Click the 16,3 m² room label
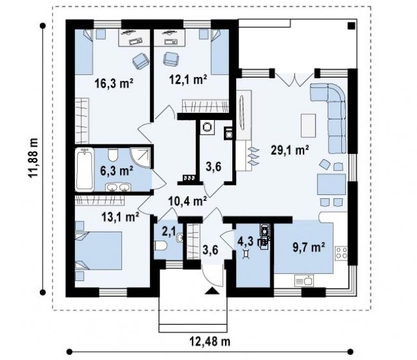114,83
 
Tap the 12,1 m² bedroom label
188,79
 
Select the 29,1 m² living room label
290,150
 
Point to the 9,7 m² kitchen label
309,248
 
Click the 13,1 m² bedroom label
121,217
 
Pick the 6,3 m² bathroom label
117,171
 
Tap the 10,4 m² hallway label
188,201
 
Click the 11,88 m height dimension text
33,158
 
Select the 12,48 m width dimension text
210,341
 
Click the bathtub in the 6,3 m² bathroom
85,169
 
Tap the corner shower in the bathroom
140,157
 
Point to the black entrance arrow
212,291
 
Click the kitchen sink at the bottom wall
304,281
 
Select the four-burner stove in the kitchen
341,253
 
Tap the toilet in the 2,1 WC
160,246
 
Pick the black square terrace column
352,26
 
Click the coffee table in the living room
308,126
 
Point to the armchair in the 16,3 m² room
140,61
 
